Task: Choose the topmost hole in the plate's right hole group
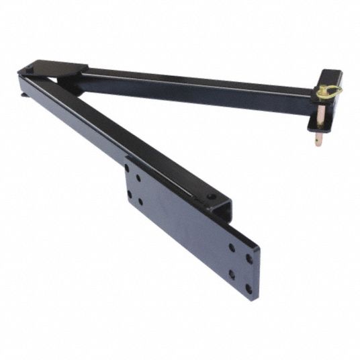[232, 247]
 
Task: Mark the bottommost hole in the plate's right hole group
[248, 289]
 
